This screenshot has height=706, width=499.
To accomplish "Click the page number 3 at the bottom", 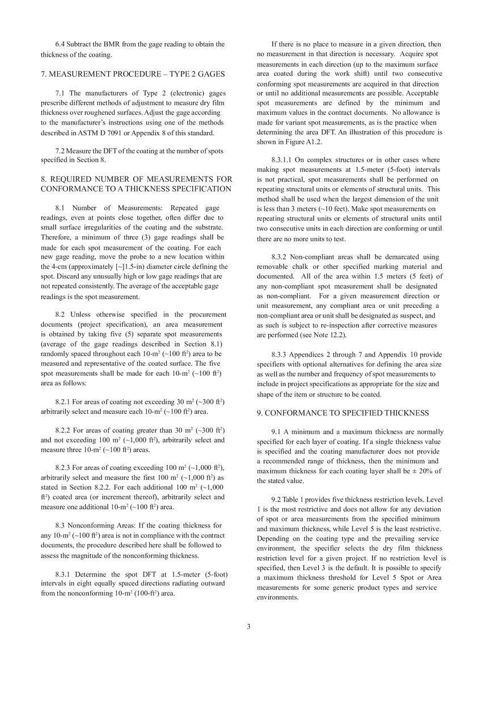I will [x=248, y=626].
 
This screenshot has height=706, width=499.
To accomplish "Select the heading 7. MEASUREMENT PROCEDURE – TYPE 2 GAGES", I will [x=133, y=74].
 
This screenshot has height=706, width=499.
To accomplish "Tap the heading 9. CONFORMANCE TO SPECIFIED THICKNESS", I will [x=342, y=413].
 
